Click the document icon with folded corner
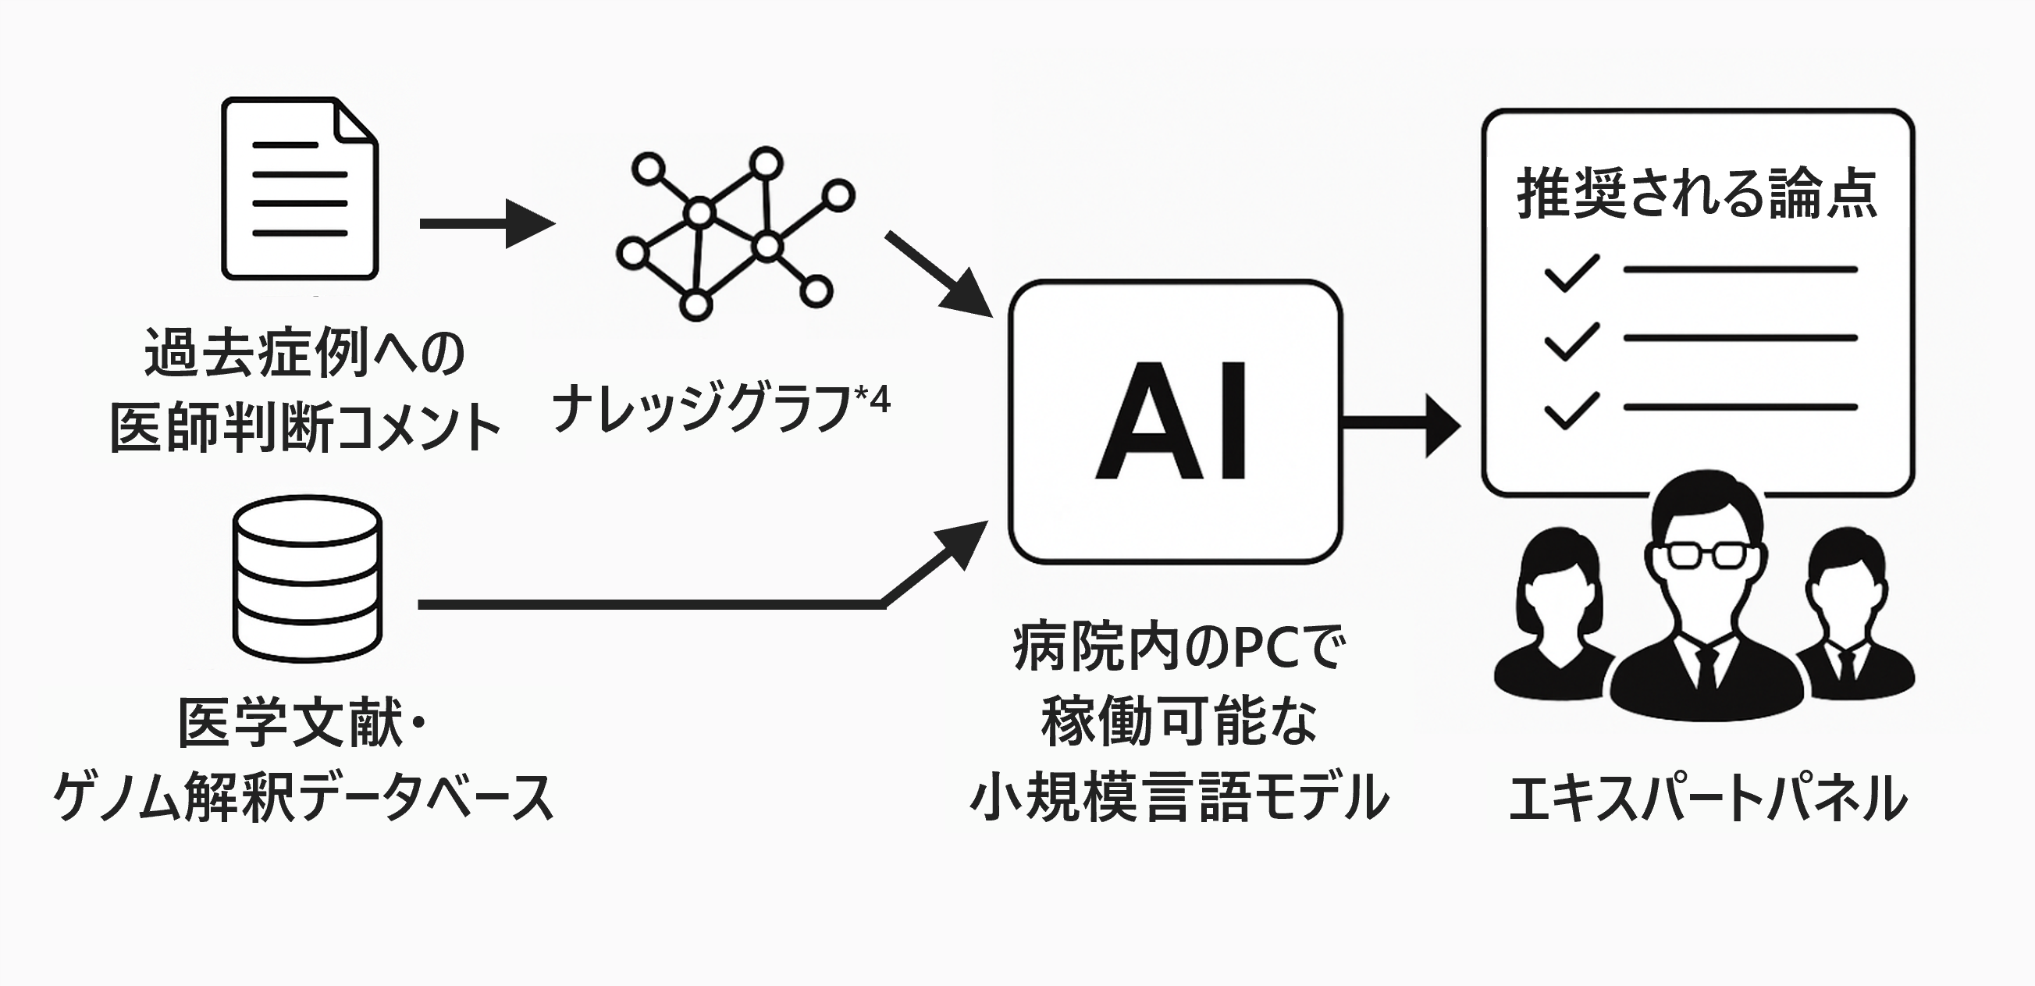tap(300, 188)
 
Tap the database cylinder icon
tap(308, 578)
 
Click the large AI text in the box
tap(1172, 420)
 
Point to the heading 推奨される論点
tap(1697, 194)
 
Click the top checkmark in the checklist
tap(1571, 272)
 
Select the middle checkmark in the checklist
tap(1571, 341)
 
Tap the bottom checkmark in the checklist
tap(1571, 410)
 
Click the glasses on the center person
tap(1706, 554)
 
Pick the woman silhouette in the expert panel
tap(1553, 616)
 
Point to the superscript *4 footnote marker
tap(873, 398)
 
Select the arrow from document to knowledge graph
tap(486, 223)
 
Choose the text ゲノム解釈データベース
tap(304, 796)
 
